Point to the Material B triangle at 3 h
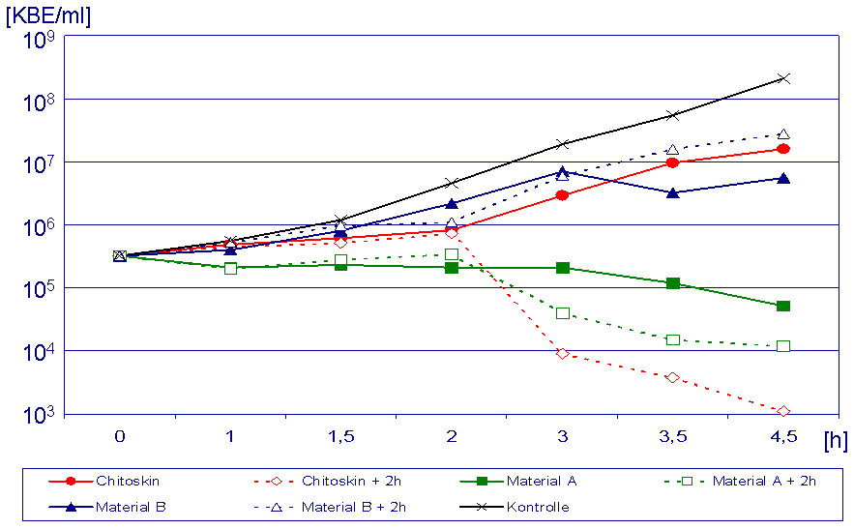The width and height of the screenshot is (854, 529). coord(562,172)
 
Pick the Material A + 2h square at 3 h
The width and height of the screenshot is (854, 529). coord(562,312)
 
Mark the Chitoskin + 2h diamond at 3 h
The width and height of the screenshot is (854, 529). coord(562,353)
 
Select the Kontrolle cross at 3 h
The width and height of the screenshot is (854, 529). coord(562,144)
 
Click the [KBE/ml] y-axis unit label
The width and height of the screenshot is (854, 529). coord(48,16)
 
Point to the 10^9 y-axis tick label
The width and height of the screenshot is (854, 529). coord(44,42)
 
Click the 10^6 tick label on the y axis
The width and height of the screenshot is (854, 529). coord(44,228)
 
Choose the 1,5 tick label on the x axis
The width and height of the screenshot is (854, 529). coord(340,437)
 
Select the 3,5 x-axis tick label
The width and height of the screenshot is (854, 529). coord(672,437)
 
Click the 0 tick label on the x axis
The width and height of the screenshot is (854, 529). coord(120,437)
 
